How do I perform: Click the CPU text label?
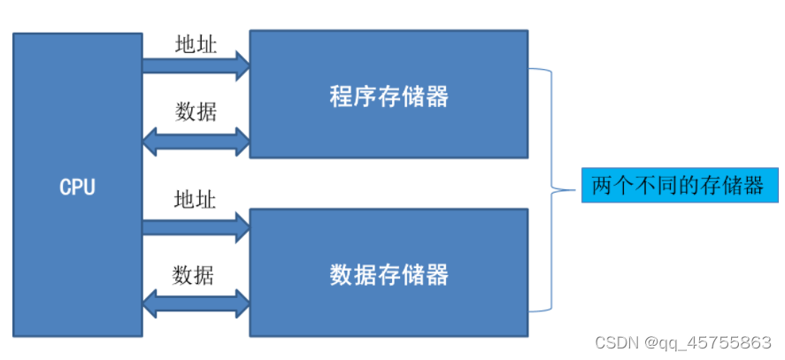(77, 188)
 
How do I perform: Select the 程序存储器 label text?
(389, 96)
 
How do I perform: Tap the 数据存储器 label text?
(389, 274)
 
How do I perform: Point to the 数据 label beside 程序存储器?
(195, 111)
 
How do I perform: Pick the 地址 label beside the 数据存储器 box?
(195, 198)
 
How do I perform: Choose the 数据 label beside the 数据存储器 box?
(195, 274)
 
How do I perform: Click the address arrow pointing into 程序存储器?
(196, 63)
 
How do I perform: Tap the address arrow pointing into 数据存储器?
(196, 226)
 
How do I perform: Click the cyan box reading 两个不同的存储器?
(679, 186)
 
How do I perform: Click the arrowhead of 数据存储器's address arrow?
(242, 226)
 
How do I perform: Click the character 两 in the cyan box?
(601, 186)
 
